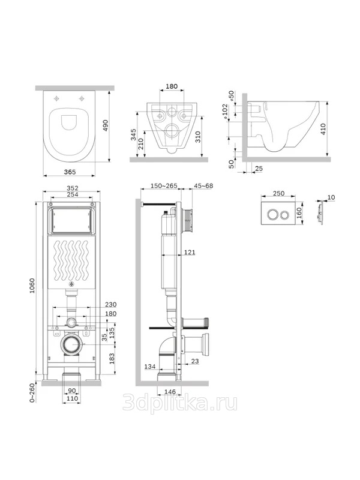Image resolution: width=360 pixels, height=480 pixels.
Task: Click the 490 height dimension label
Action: point(106,125)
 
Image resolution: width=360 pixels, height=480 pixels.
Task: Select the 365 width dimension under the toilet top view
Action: point(70,172)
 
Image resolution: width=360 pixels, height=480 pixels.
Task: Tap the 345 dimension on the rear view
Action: point(134,134)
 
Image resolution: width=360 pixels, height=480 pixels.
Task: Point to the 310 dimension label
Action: point(198,137)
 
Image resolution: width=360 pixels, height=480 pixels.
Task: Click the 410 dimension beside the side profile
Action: point(323,129)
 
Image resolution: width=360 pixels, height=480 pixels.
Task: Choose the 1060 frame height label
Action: point(32,286)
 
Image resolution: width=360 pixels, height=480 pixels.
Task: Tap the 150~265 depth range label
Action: point(164,186)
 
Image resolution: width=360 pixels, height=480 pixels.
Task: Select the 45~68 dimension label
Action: point(203,186)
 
